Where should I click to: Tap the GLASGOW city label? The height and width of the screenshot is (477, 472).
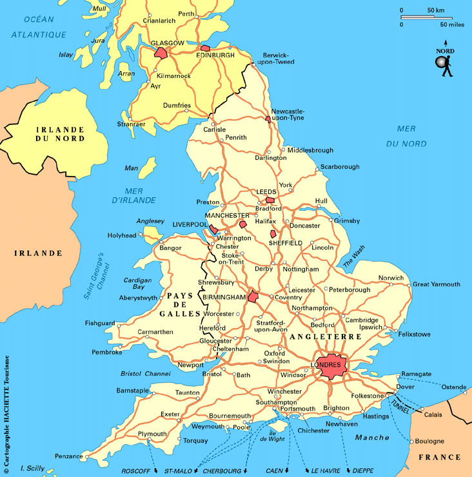(167, 43)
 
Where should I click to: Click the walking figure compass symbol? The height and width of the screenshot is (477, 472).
(444, 65)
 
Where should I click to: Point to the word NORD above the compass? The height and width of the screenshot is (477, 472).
(445, 51)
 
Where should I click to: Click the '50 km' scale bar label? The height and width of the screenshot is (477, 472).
(435, 10)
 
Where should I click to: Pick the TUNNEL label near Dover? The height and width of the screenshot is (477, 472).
(400, 404)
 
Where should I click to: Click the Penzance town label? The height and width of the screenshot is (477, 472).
(68, 456)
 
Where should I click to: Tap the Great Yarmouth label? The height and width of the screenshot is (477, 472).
(437, 284)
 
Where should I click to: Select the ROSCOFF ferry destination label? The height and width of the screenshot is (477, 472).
(135, 471)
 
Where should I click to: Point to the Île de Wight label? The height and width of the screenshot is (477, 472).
(273, 436)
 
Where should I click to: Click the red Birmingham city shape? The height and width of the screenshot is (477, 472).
(253, 297)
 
